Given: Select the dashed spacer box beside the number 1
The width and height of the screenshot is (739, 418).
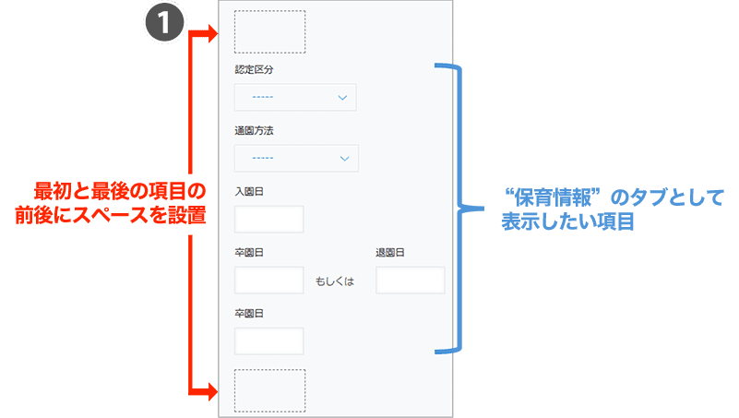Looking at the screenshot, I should click(x=269, y=31).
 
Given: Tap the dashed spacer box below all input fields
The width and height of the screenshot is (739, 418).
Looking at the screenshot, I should click(x=269, y=390).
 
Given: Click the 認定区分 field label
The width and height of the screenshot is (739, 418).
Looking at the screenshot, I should click(x=254, y=69).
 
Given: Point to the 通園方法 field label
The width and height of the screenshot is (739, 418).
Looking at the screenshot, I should click(x=254, y=130).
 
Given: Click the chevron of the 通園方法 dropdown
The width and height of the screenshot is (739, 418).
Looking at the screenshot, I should click(x=345, y=159).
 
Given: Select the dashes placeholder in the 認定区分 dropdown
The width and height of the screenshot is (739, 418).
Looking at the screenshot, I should click(x=263, y=97).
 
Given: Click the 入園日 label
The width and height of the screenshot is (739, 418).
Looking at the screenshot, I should click(x=249, y=192).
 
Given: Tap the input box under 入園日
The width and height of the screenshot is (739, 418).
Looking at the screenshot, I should click(x=269, y=220).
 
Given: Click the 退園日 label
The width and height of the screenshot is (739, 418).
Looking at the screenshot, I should click(x=390, y=253).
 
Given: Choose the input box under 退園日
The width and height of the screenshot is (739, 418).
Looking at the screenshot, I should click(x=411, y=281).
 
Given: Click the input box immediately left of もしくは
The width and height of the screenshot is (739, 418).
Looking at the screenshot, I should click(x=269, y=281).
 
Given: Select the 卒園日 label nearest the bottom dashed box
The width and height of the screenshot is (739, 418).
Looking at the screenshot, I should click(x=249, y=314).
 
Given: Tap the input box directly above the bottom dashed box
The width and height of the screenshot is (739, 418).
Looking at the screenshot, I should click(x=269, y=341).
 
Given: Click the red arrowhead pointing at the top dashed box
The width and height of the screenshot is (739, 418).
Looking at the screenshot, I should click(x=211, y=34).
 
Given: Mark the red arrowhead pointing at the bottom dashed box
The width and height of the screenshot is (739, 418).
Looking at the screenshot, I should click(x=211, y=392).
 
